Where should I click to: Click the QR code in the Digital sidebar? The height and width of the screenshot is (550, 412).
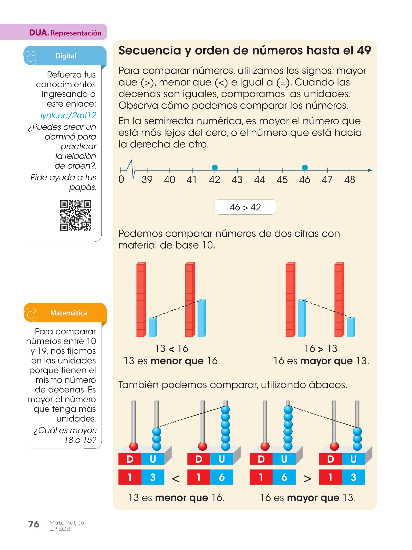75,216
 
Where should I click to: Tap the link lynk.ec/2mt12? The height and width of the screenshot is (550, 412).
68,115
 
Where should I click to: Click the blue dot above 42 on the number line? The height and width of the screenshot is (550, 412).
215,168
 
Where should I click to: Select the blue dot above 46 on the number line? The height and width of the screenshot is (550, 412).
305,168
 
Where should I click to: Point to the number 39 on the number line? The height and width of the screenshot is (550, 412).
147,180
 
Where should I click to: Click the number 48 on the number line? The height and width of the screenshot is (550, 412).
350,180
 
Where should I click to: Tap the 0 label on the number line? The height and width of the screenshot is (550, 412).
121,179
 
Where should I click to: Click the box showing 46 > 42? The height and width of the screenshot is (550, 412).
245,207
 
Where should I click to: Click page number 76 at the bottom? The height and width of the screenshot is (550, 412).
34,524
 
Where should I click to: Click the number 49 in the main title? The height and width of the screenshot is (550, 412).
364,50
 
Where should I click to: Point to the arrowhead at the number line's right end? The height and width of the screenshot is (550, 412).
370,170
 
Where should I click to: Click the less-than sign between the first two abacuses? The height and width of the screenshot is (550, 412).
176,478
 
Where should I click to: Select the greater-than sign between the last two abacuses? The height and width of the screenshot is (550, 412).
307,478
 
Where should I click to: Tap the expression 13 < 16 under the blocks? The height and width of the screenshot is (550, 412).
171,349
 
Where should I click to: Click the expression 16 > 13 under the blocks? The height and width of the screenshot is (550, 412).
321,349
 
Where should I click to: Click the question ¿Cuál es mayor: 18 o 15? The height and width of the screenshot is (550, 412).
65,435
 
